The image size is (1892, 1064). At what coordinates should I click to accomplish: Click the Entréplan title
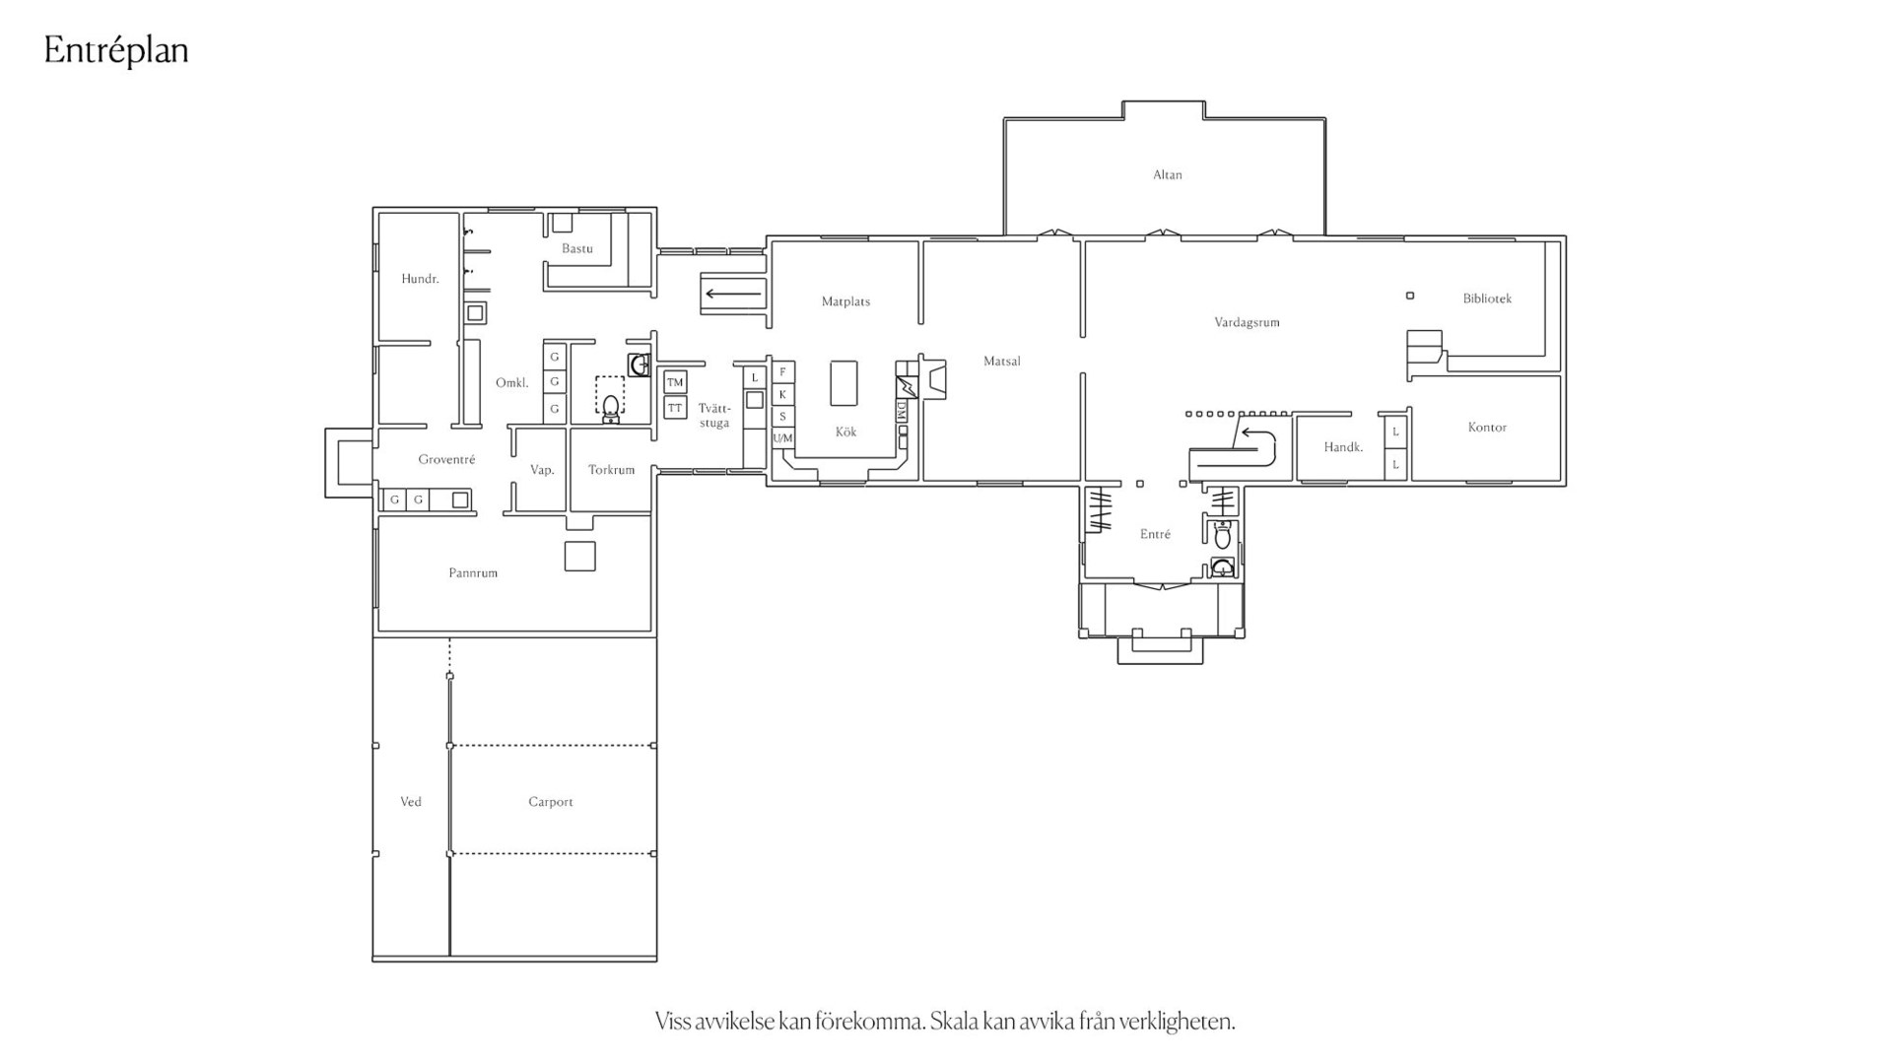[116, 51]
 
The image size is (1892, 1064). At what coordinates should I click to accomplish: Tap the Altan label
[1168, 175]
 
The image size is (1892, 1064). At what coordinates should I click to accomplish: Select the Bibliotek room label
[1487, 299]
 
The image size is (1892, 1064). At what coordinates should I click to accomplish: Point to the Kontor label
[1487, 428]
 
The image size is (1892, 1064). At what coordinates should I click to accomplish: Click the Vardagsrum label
[1247, 322]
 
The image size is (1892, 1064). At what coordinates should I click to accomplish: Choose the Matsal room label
[1002, 362]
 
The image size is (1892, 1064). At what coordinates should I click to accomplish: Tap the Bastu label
[577, 248]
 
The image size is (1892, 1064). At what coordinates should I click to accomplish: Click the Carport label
[551, 802]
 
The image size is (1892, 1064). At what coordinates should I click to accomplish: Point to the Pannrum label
[473, 573]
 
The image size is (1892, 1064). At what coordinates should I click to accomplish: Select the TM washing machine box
[675, 382]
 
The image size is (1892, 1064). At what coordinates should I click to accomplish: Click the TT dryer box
[675, 408]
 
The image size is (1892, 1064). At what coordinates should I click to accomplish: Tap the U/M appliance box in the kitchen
[783, 438]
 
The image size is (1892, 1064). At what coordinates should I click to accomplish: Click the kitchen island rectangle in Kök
[844, 383]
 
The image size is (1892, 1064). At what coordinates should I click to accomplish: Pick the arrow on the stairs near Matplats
[733, 294]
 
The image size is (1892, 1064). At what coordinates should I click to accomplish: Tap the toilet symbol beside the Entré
[1223, 537]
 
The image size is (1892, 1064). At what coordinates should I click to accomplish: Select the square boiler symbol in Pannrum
[579, 556]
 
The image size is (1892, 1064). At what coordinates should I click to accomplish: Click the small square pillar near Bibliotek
[1410, 296]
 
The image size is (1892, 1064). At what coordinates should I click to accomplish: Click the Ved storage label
[411, 802]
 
